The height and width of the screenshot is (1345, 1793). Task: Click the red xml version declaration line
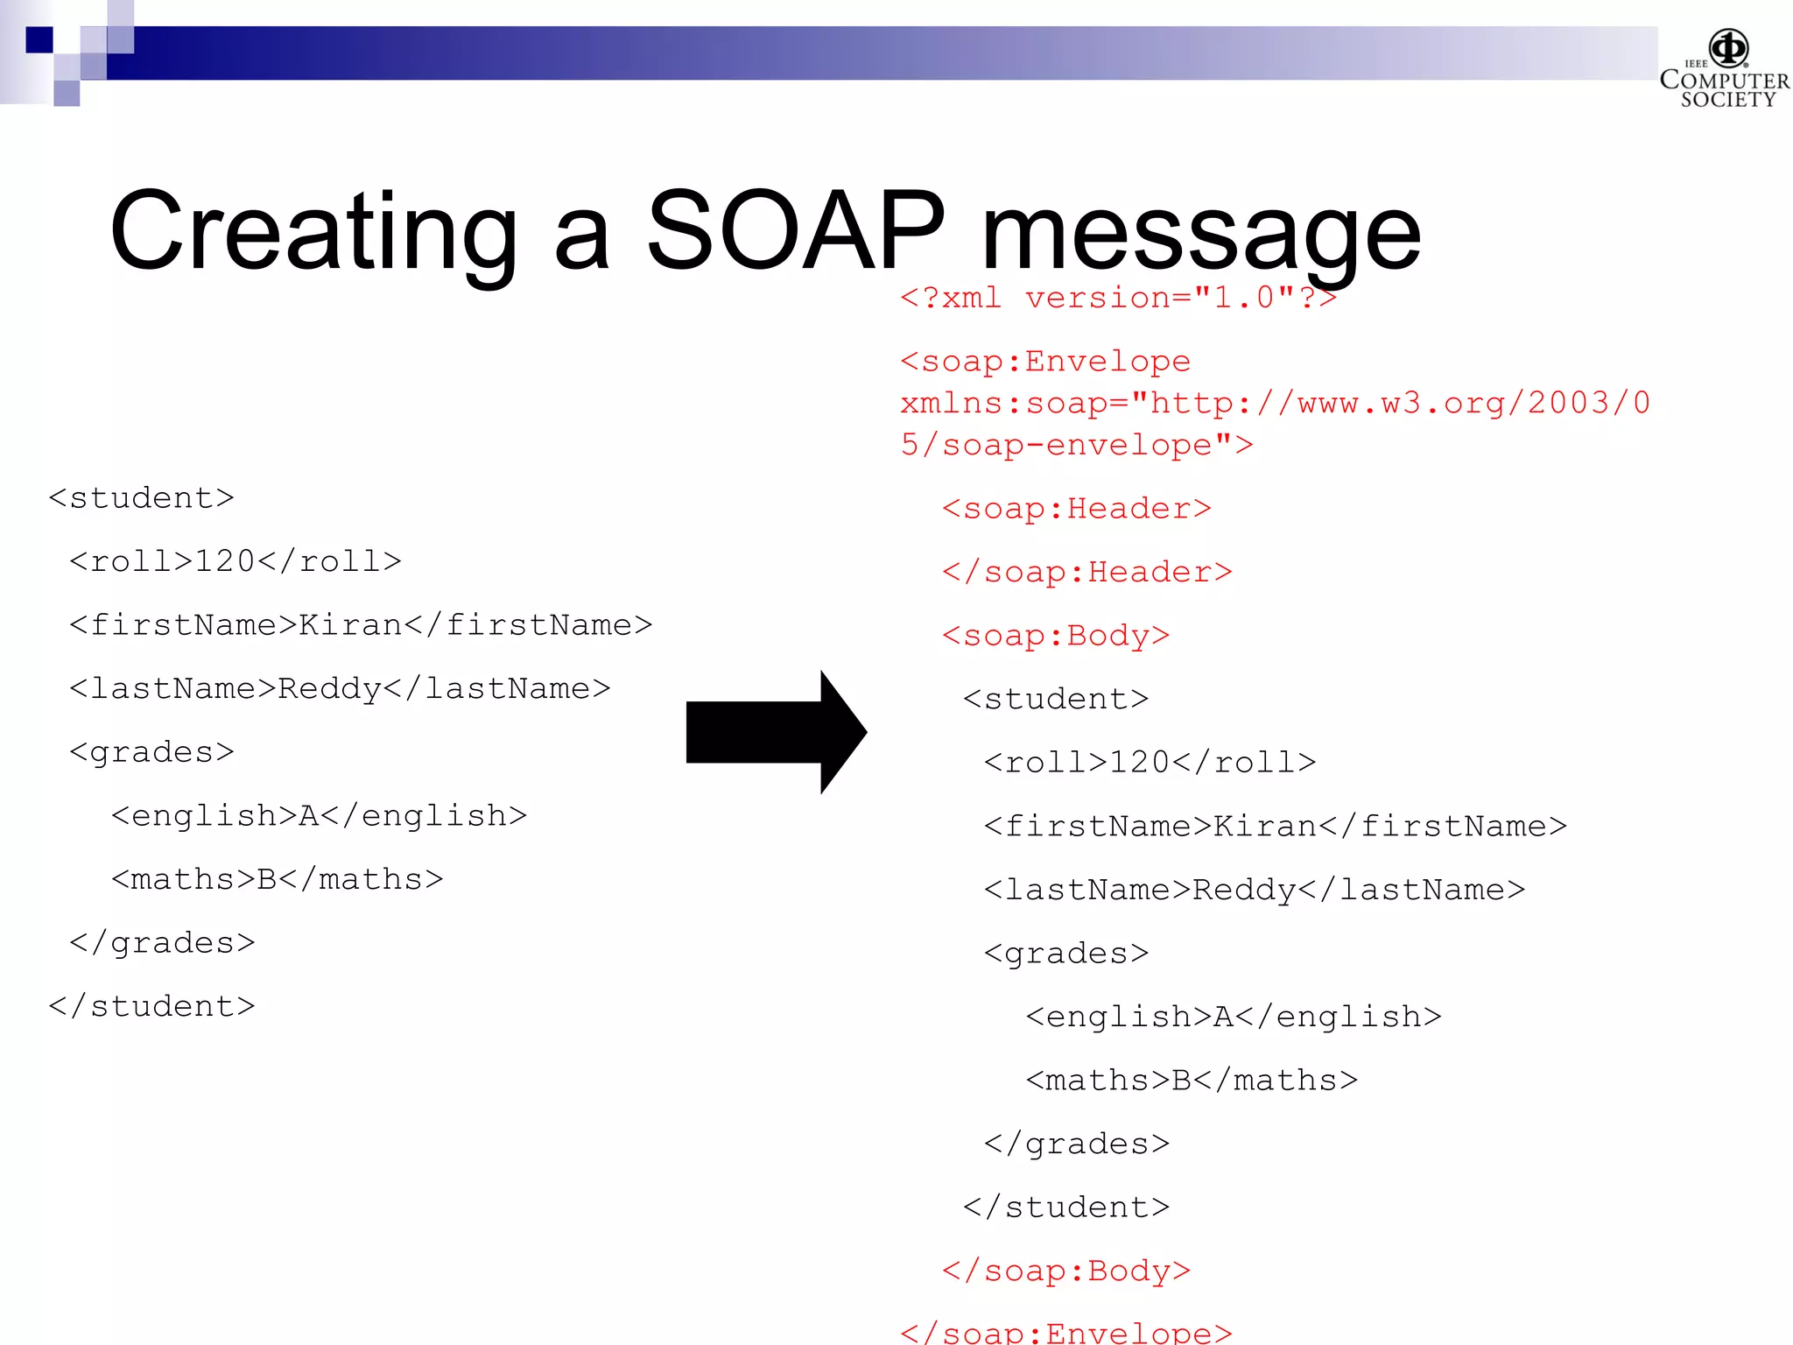(x=1118, y=299)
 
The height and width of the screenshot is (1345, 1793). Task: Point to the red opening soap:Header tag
(x=1076, y=509)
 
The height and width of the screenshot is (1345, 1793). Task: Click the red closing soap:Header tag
(x=1086, y=573)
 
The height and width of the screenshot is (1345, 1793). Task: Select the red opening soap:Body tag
(x=1055, y=636)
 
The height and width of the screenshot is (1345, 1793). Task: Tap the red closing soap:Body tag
(x=1065, y=1271)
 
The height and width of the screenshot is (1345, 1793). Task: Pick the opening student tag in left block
(x=141, y=498)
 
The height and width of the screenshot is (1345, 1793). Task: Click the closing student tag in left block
(x=151, y=1006)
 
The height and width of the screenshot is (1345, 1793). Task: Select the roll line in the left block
(x=235, y=561)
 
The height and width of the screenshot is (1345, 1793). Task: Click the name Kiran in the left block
(x=350, y=625)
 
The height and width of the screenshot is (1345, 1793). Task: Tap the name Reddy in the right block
(x=1243, y=890)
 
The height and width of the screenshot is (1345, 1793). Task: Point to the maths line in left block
(x=277, y=879)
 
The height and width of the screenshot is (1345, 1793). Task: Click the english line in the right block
(x=1233, y=1017)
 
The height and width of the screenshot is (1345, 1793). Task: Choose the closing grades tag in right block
(x=1076, y=1144)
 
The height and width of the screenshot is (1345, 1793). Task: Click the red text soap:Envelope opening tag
(x=1045, y=362)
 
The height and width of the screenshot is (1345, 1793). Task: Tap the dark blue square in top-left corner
(x=39, y=39)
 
